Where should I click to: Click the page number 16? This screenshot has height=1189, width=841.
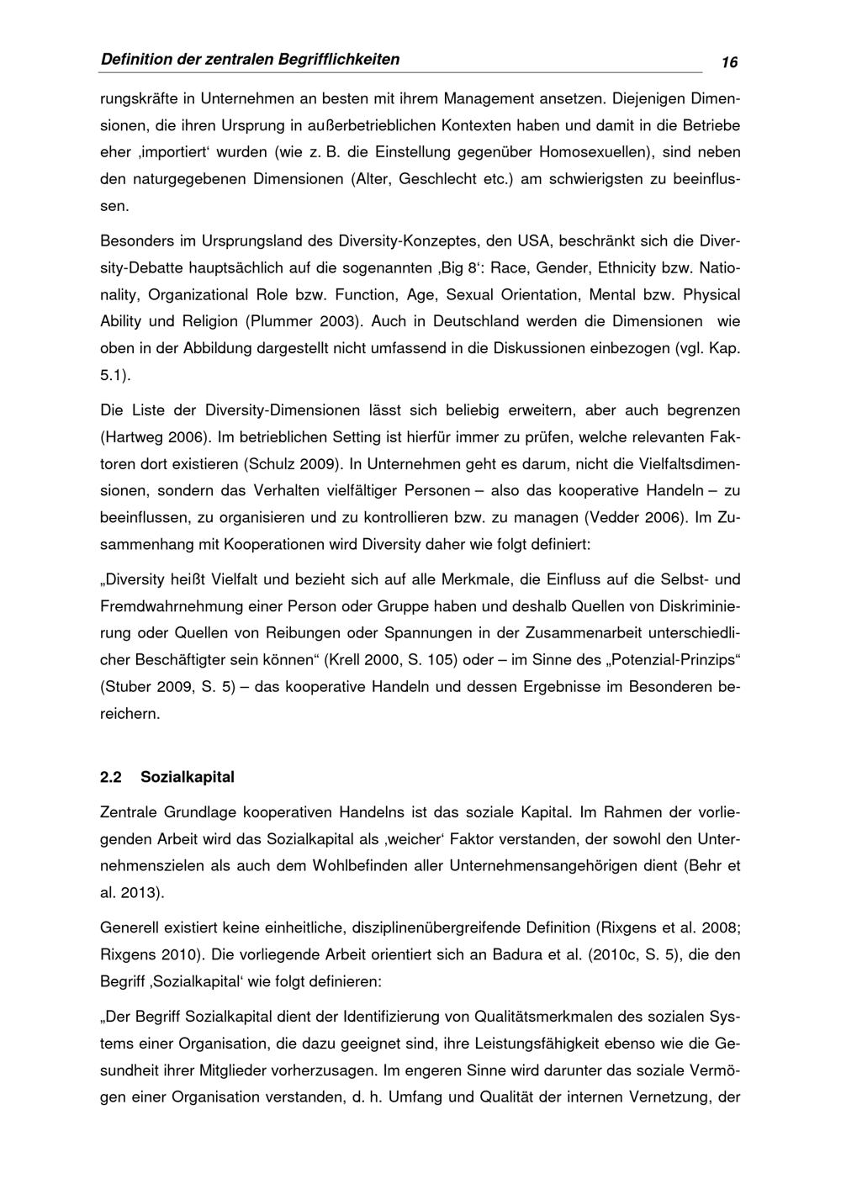(728, 63)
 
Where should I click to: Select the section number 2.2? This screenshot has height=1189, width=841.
(110, 777)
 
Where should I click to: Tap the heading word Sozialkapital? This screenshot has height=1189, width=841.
(188, 777)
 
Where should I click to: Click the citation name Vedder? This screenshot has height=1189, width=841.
(611, 518)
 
